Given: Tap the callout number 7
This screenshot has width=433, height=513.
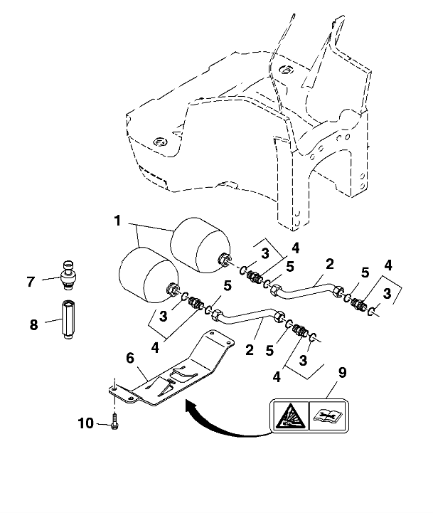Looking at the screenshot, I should (31, 282).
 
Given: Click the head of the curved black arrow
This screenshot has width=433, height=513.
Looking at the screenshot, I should (188, 405).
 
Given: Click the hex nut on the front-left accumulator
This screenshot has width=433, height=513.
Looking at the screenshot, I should (172, 290).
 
